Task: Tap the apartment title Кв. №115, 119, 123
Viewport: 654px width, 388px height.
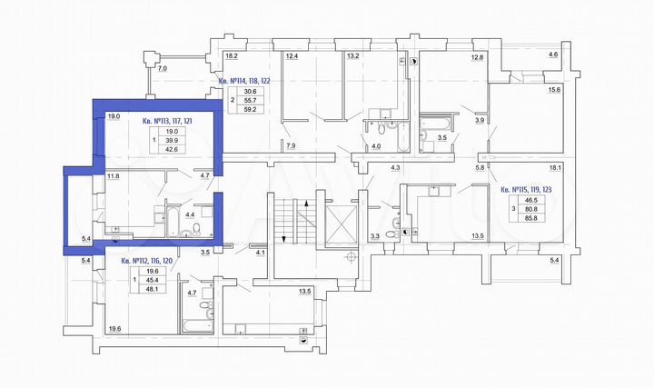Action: tap(530, 189)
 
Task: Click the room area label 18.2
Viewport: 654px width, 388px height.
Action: tap(233, 56)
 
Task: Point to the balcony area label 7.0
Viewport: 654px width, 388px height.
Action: tap(163, 69)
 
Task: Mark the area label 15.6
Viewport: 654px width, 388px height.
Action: tap(554, 89)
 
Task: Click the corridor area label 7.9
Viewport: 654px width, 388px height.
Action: tap(291, 145)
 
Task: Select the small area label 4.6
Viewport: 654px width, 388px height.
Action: tap(554, 56)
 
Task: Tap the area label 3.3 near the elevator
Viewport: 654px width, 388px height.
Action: tap(375, 239)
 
